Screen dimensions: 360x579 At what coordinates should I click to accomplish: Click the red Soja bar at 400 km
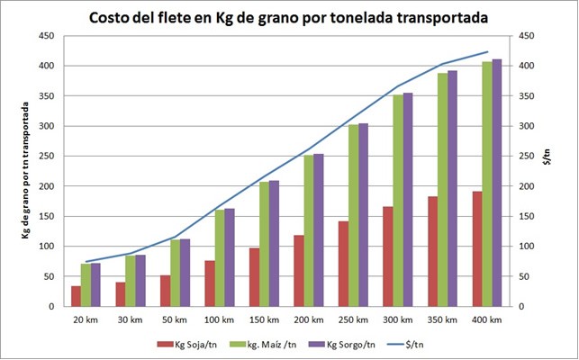pyautogui.click(x=477, y=248)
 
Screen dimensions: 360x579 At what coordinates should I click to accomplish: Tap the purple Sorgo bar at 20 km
pyautogui.click(x=95, y=284)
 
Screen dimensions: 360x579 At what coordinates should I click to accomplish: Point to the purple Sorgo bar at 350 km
pyautogui.click(x=453, y=188)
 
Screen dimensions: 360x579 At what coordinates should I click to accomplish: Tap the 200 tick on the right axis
pyautogui.click(x=520, y=186)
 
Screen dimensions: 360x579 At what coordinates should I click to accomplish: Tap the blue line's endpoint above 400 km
pyautogui.click(x=486, y=52)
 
